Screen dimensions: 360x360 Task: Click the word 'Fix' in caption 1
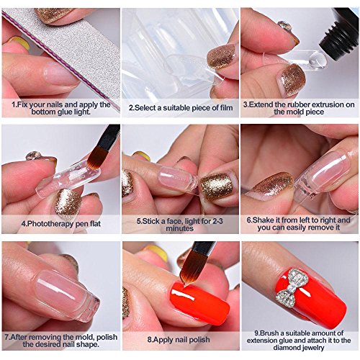18,104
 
